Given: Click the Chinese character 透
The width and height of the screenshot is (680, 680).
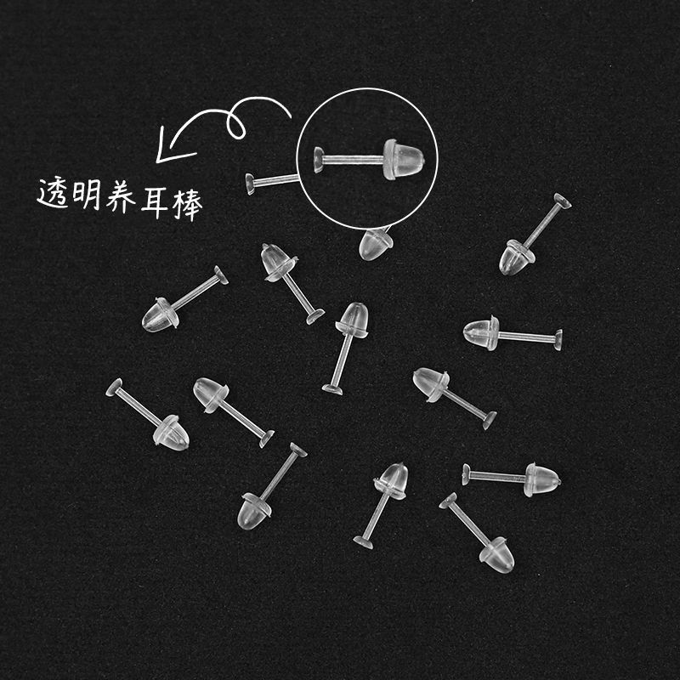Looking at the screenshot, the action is click(53, 194).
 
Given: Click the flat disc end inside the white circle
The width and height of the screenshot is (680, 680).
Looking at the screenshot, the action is click(319, 160).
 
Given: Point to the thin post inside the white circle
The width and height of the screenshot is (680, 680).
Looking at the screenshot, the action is click(354, 160).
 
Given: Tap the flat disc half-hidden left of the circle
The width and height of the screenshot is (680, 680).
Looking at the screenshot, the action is click(250, 184).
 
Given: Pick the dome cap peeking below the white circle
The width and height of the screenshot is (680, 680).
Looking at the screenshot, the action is click(375, 244).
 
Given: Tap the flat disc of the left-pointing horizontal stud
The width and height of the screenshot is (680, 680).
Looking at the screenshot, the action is click(558, 340).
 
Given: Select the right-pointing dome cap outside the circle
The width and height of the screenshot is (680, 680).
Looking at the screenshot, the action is click(542, 479).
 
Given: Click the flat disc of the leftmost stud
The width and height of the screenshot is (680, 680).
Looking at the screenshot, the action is click(114, 387).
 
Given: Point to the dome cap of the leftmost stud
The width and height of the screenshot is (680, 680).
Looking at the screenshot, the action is click(172, 433).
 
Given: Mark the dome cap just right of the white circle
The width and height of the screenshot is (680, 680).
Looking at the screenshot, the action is click(517, 258).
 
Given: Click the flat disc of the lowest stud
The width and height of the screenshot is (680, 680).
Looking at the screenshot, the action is click(448, 501).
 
